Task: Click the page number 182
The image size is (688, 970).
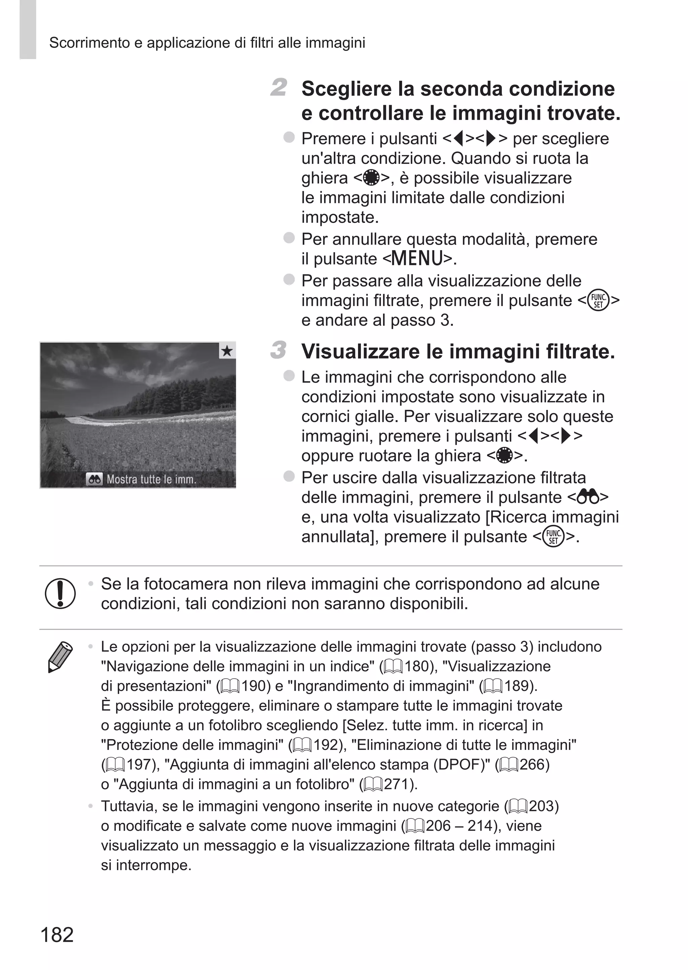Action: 57,934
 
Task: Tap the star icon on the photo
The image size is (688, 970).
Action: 227,351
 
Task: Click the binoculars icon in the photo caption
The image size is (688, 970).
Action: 94,479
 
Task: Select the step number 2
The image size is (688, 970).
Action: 279,87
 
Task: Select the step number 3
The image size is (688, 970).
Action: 279,350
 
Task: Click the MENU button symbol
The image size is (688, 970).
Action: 417,258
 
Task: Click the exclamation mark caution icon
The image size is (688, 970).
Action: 60,593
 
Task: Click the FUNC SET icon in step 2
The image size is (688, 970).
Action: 599,301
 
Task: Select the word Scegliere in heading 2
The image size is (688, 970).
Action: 346,89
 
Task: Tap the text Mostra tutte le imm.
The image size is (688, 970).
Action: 151,479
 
